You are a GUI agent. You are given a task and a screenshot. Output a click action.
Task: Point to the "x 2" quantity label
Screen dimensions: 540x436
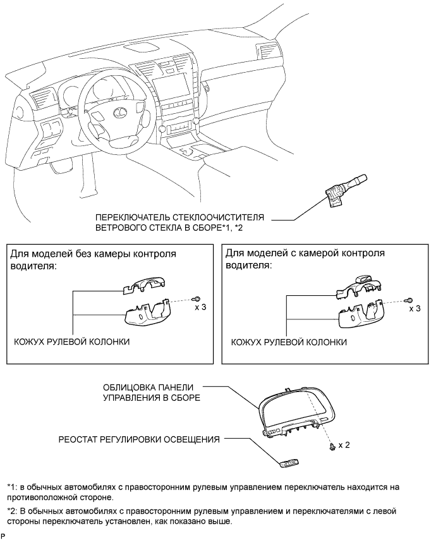pos(344,445)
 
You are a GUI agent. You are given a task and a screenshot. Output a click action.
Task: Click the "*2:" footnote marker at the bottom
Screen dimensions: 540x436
pos(13,510)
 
